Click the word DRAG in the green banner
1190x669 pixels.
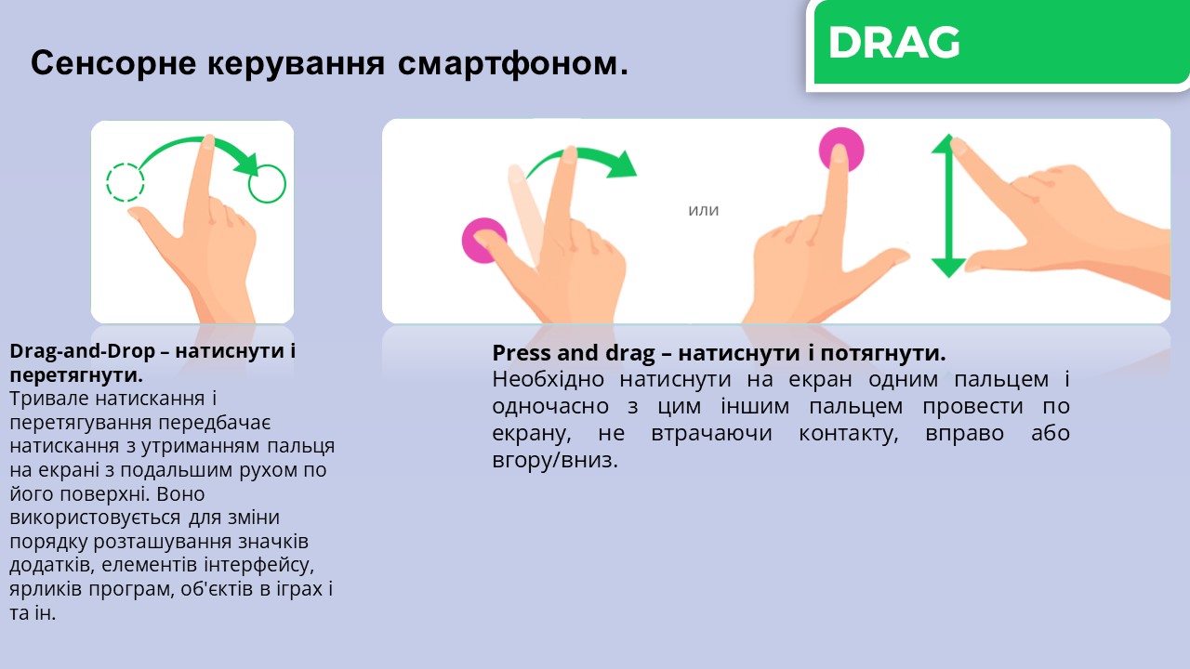coord(894,43)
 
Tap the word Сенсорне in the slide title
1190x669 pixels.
coord(113,62)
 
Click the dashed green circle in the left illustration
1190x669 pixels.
coord(126,182)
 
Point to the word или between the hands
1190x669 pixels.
coord(704,210)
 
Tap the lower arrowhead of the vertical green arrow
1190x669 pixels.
coord(948,268)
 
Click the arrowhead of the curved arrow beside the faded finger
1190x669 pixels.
coord(622,164)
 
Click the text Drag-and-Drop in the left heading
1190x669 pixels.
coord(83,351)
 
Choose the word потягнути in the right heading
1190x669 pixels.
coord(883,353)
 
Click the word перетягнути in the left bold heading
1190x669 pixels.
coord(76,375)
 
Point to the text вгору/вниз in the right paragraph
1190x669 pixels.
coord(555,460)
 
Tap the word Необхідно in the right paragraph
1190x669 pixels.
coord(548,380)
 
